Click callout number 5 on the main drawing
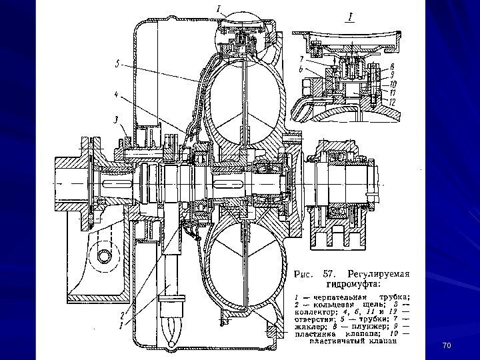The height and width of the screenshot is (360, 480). (117, 65)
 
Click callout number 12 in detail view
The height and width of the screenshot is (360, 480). (393, 102)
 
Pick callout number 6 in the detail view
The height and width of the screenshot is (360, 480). (302, 69)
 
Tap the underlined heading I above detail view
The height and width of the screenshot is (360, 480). (347, 15)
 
